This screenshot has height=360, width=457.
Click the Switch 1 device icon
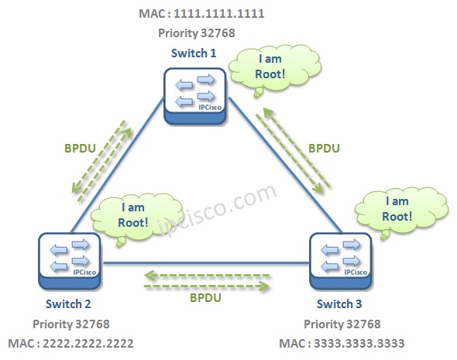pos(194,94)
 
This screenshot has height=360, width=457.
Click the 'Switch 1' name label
pos(194,52)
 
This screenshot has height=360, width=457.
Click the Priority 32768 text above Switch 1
pos(194,33)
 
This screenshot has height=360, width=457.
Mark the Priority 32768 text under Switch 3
pos(342,324)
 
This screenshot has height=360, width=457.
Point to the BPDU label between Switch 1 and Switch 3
pos(325,146)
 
